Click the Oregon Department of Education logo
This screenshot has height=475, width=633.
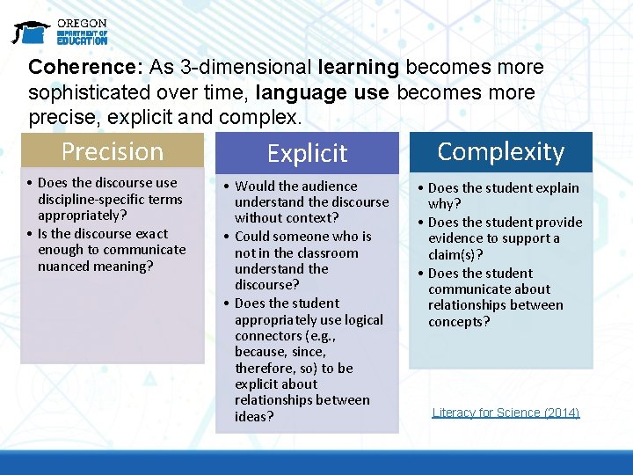(60, 32)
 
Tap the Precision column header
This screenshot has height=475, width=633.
(113, 151)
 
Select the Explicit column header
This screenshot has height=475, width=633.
(307, 153)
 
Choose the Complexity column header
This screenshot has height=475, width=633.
(500, 151)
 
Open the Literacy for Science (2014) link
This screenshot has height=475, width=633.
(506, 413)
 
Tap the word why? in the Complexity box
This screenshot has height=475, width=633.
(445, 205)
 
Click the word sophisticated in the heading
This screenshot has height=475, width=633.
(89, 92)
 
